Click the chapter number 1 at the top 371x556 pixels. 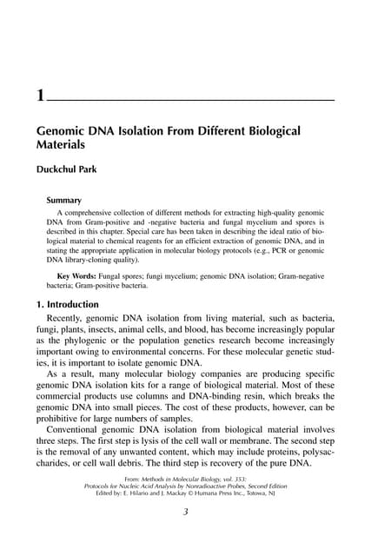coord(40,95)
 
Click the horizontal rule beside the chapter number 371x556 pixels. coord(191,102)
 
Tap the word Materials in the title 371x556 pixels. coord(59,145)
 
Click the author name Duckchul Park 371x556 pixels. coord(71,169)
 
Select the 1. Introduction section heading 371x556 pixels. coord(77,305)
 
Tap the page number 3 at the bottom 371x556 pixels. coord(185,512)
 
